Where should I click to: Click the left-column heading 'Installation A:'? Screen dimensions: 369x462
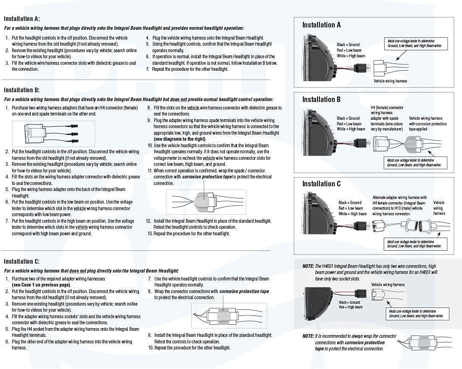pyautogui.click(x=22, y=19)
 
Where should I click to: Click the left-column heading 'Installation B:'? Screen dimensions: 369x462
pyautogui.click(x=22, y=90)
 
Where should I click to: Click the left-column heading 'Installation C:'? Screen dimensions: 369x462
pyautogui.click(x=22, y=262)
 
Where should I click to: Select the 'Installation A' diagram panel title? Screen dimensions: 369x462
pyautogui.click(x=321, y=25)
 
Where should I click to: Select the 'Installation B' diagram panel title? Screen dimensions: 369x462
pyautogui.click(x=321, y=99)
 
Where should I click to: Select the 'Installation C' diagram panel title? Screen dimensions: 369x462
pyautogui.click(x=321, y=184)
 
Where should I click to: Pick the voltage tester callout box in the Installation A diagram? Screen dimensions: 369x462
pyautogui.click(x=415, y=44)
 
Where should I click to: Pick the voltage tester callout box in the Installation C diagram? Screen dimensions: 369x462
pyautogui.click(x=415, y=244)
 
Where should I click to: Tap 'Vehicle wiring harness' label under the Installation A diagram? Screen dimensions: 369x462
pyautogui.click(x=390, y=81)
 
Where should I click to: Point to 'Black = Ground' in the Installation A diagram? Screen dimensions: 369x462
pyautogui.click(x=348, y=45)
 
